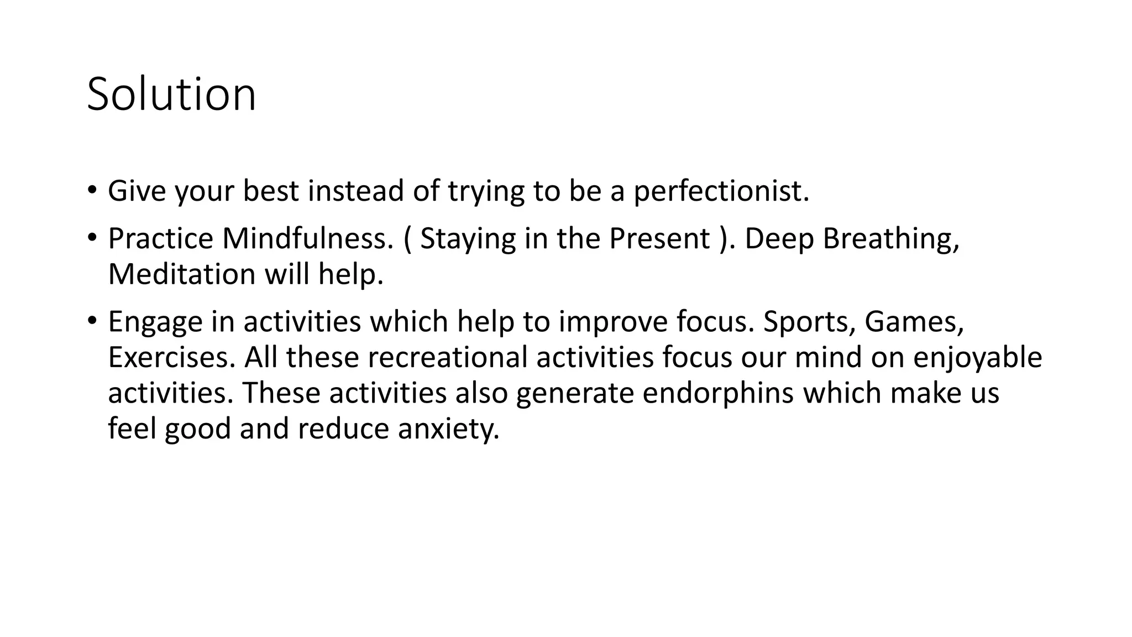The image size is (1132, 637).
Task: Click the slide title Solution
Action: coord(171,94)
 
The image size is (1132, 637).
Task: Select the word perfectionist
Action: coord(721,191)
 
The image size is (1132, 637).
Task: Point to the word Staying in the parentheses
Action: coord(468,238)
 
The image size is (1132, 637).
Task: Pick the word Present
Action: coord(659,238)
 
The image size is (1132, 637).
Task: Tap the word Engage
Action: coord(155,322)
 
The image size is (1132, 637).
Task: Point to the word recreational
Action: coord(447,357)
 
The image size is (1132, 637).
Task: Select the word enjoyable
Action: coord(977,357)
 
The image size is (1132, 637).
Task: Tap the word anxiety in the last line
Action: coord(448,429)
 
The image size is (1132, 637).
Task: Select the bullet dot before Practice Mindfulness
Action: coord(92,237)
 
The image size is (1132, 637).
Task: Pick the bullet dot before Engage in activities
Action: coord(92,320)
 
